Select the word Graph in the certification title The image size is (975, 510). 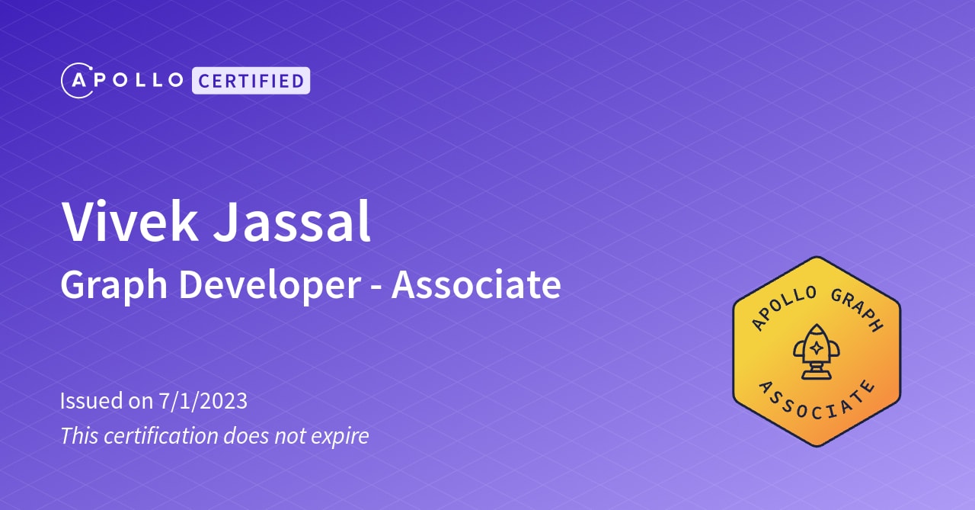coord(114,286)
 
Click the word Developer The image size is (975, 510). coord(270,286)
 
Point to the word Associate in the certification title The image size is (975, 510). coord(476,284)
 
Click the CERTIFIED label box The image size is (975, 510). coord(251,80)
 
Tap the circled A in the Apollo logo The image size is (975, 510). coord(77,80)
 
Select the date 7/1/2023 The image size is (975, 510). coord(203,400)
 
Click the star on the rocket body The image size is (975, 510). coord(816,348)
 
